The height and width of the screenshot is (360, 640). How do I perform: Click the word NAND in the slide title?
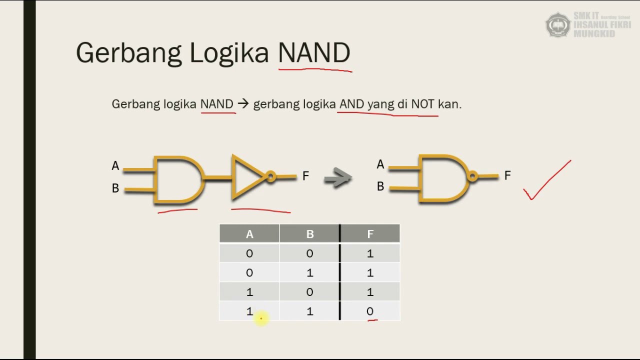[314, 52]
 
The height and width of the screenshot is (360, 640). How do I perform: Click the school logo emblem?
[557, 24]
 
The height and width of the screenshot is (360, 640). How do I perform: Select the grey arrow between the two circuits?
[337, 177]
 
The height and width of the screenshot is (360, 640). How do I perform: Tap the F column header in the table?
[370, 234]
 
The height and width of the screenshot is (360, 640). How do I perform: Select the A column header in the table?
[249, 234]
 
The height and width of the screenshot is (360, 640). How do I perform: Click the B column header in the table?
[309, 234]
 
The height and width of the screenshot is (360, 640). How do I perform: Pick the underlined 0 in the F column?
[370, 311]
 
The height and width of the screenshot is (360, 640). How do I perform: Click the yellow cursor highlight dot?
[261, 318]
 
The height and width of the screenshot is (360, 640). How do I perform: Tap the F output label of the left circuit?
[305, 176]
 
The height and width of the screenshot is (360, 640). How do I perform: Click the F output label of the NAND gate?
[507, 175]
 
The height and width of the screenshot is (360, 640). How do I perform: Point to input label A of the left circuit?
[115, 166]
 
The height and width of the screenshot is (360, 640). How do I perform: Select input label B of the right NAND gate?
[380, 186]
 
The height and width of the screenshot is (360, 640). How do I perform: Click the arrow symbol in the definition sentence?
[243, 104]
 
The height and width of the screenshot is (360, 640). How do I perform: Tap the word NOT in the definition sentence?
[422, 104]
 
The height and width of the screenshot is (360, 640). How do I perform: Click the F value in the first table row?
[370, 253]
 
